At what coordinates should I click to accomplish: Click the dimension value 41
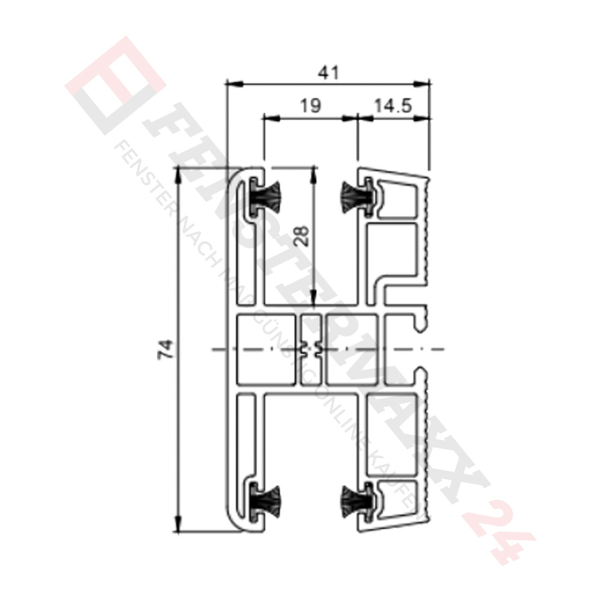[327, 72]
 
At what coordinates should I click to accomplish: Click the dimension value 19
[310, 106]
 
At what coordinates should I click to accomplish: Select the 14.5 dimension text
[392, 106]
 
